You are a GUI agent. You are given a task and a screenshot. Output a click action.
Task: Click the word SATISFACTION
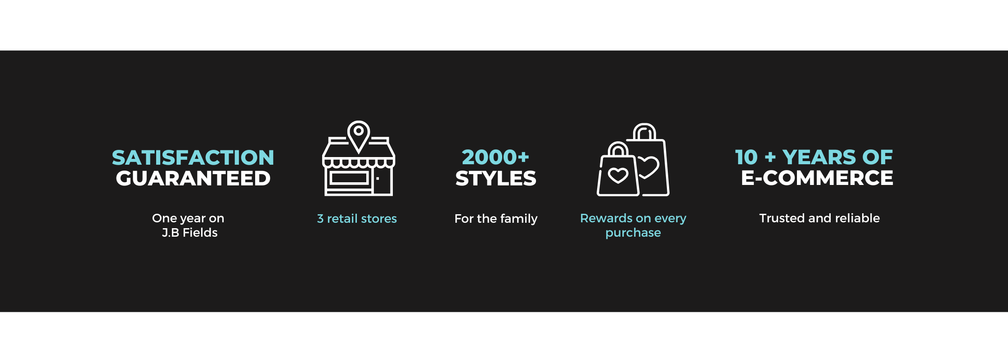pyautogui.click(x=193, y=157)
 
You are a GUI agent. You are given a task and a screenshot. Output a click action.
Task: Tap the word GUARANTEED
pyautogui.click(x=193, y=178)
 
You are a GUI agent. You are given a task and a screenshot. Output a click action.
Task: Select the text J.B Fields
pyautogui.click(x=189, y=233)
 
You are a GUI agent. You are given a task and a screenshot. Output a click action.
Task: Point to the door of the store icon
pyautogui.click(x=382, y=181)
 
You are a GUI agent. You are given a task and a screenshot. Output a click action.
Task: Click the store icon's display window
pyautogui.click(x=349, y=178)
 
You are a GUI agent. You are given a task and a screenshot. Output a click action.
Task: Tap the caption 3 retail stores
pyautogui.click(x=357, y=219)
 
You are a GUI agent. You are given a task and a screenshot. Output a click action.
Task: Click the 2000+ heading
pyautogui.click(x=495, y=157)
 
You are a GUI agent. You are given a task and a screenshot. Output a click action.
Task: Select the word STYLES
pyautogui.click(x=496, y=178)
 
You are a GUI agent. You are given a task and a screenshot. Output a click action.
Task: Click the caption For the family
pyautogui.click(x=496, y=219)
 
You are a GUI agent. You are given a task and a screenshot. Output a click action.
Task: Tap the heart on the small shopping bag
pyautogui.click(x=618, y=175)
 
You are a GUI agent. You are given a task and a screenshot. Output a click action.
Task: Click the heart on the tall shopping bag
pyautogui.click(x=648, y=167)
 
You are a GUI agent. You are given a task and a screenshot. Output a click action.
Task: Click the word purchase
pyautogui.click(x=633, y=233)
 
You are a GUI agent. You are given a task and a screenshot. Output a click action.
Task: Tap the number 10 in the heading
pyautogui.click(x=747, y=157)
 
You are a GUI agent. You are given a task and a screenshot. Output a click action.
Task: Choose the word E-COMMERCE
pyautogui.click(x=817, y=178)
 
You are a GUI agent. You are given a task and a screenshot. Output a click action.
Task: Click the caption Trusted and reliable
pyautogui.click(x=819, y=218)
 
